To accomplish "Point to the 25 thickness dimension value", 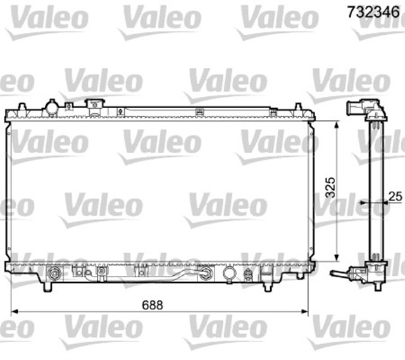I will tap(396, 197).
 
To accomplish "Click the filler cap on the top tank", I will tap(96, 104).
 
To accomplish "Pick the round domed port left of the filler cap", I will tap(51, 108).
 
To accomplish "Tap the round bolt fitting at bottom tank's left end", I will tap(55, 274).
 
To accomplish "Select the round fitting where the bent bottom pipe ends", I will tap(206, 274).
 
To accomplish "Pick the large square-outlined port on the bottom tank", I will tap(228, 273).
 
